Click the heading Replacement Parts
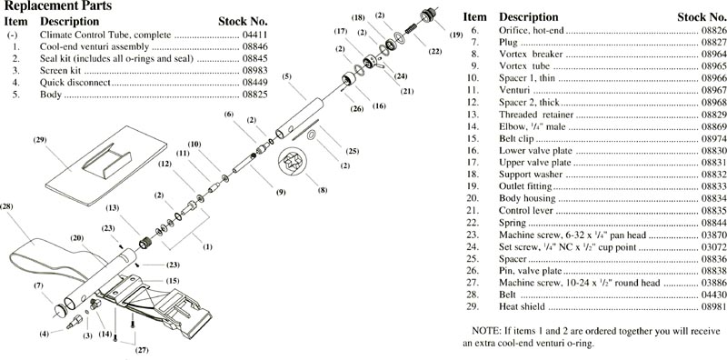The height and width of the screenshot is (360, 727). pos(58,6)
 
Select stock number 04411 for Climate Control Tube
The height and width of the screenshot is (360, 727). pos(255,35)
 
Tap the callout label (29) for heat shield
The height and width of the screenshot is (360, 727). pos(40,140)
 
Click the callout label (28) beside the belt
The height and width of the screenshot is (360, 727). pos(6,206)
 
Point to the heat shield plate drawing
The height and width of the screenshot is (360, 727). pos(106,165)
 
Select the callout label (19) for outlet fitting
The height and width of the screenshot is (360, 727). pos(456,35)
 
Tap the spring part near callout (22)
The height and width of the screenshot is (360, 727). pos(412,27)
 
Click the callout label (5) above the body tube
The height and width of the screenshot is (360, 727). pos(287,76)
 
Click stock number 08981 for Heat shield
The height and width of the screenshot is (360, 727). pos(712,306)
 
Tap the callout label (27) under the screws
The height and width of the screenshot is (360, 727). pos(142,350)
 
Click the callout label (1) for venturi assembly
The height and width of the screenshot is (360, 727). pos(207,246)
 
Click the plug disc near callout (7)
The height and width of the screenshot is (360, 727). pos(60,310)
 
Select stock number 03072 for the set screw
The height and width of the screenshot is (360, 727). pos(712,247)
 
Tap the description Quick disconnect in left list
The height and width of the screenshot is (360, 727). pos(75,83)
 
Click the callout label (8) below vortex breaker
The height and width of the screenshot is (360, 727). pos(323,190)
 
